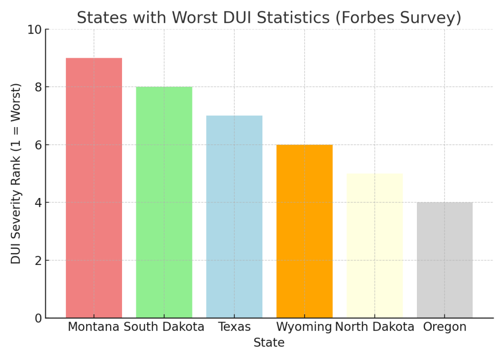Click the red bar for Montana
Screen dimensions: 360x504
point(94,188)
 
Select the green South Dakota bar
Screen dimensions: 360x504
point(164,202)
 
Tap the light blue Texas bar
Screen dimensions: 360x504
point(234,217)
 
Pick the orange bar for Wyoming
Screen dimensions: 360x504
point(304,231)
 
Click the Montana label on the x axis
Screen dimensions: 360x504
point(94,327)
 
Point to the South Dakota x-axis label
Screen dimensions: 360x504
point(164,327)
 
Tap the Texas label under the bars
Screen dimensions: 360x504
point(234,327)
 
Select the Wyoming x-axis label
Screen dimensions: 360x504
point(304,327)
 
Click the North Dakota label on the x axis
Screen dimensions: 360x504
point(375,327)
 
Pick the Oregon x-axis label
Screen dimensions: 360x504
point(444,327)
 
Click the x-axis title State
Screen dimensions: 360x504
point(269,343)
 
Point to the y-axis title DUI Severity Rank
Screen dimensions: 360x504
point(16,173)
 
